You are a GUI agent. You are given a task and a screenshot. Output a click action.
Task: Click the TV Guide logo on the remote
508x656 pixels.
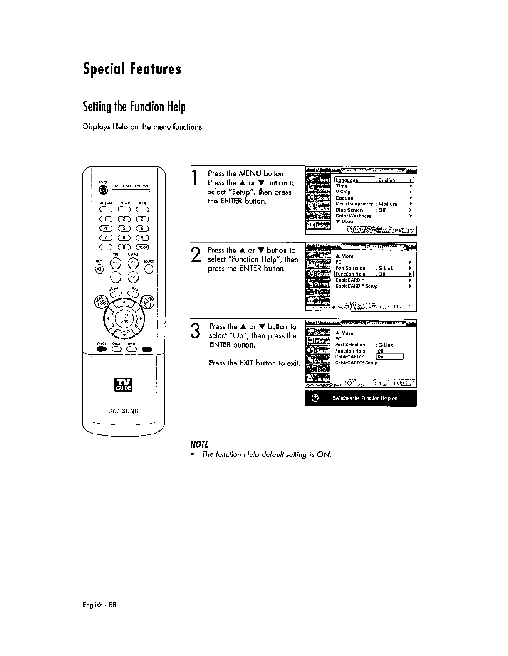(124, 385)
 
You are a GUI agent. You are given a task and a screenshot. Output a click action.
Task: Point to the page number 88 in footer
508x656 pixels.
(112, 605)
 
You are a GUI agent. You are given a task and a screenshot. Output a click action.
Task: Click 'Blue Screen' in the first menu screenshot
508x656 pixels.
(349, 210)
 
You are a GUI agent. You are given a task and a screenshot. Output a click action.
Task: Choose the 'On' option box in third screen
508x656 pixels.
(389, 357)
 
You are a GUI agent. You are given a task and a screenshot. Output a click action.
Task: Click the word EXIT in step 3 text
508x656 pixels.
(246, 363)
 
